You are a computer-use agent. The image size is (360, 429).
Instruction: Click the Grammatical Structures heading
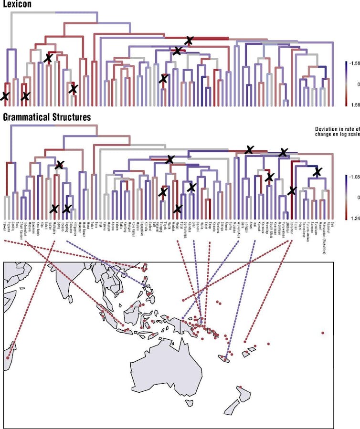tap(47, 117)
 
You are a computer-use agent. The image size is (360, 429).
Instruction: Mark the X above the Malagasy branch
tap(59, 165)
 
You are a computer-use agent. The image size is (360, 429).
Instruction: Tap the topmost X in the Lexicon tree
tap(190, 41)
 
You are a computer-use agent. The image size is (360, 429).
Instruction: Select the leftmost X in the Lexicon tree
tap(4, 96)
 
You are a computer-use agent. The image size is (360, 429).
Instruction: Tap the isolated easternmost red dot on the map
tap(323, 333)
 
